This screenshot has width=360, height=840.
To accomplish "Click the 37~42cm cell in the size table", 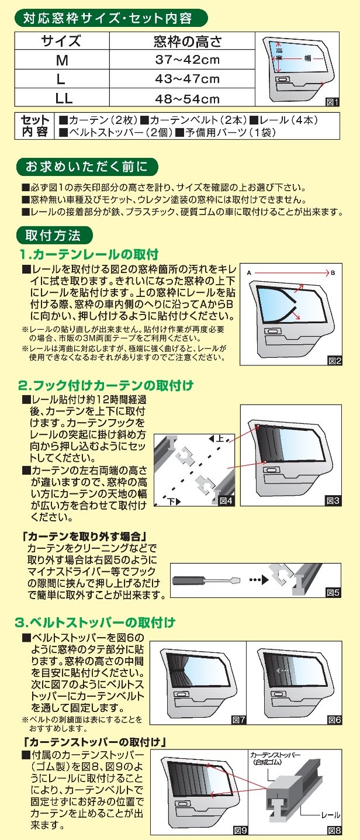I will point(186,60).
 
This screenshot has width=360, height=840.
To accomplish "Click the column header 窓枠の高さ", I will point(186,42).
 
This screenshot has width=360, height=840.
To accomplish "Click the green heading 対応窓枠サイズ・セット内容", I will point(110,18).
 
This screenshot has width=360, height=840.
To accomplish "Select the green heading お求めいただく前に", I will point(87,167).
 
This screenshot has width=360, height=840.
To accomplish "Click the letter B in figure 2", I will point(333,273).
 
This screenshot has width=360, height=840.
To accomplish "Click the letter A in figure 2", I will point(248,273).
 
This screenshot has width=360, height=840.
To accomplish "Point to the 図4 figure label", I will point(226,500).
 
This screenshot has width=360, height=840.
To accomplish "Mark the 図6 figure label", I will point(334,719).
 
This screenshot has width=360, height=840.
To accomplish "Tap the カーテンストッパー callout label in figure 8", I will point(274,758).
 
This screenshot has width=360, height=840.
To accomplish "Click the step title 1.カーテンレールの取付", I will point(89,254).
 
